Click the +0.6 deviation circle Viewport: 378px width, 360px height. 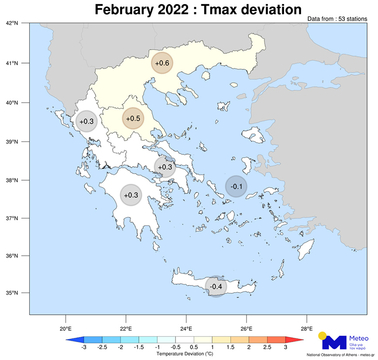point(162,64)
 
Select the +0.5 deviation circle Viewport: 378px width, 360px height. point(133,118)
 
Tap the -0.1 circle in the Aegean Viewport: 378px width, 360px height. point(236,187)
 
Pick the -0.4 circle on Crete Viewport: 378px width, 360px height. point(216,286)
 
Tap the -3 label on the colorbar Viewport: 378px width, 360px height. point(83,347)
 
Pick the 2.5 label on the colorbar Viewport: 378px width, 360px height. point(267,347)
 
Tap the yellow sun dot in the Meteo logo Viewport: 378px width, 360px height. point(322,336)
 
